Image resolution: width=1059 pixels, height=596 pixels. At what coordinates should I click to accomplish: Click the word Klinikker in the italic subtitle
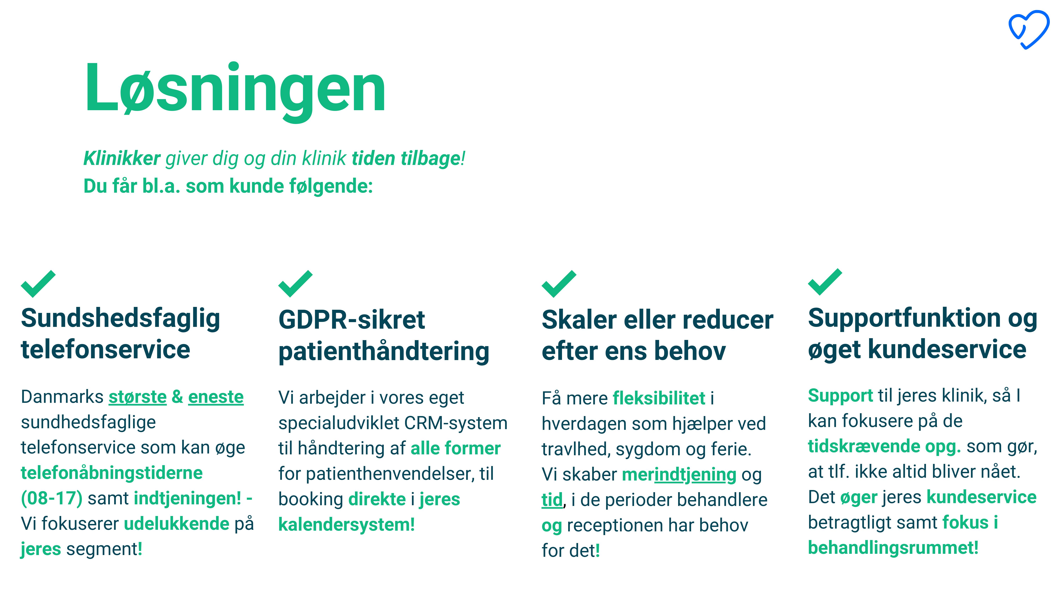tap(122, 158)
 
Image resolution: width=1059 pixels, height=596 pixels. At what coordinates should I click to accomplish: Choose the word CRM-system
tap(456, 423)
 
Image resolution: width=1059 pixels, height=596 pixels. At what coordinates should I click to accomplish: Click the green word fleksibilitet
tap(659, 398)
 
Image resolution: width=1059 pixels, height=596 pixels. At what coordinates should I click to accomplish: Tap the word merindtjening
tap(679, 475)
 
